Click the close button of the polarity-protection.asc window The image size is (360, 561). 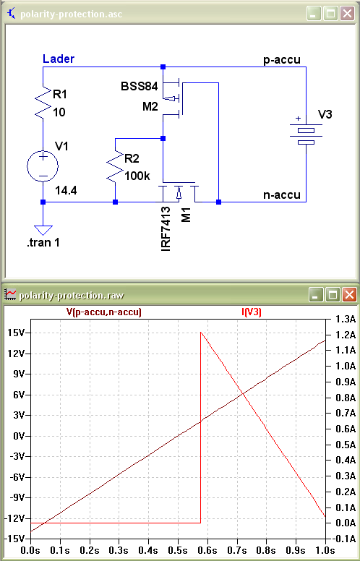[x=347, y=14]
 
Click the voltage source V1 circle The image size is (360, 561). [x=43, y=166]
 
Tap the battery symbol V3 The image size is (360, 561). [x=306, y=134]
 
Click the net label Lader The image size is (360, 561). [x=59, y=59]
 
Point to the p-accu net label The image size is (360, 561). [x=282, y=60]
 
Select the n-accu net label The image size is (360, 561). [x=282, y=195]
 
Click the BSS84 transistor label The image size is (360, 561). [x=140, y=87]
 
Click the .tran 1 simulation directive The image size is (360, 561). [x=43, y=243]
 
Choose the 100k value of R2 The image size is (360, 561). [x=138, y=176]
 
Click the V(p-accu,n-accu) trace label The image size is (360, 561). [x=104, y=312]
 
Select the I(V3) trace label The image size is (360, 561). [x=252, y=312]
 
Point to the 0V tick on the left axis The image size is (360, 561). [x=19, y=436]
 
